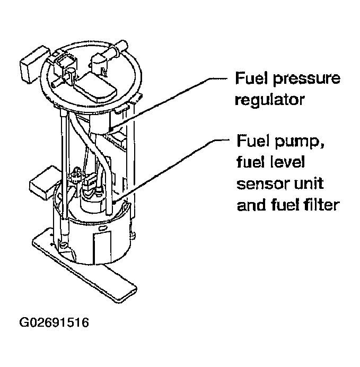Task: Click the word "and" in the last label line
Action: tap(248, 205)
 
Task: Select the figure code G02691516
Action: tap(54, 323)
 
